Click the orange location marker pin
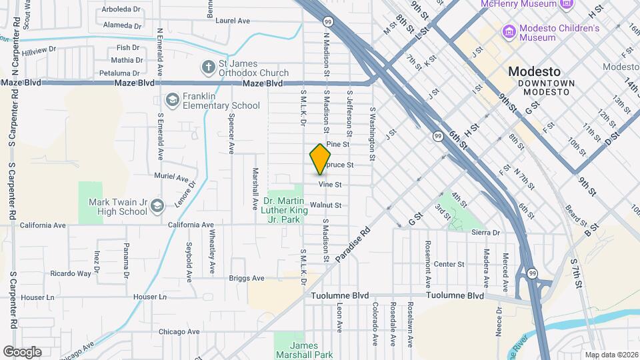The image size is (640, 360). pos(320,159)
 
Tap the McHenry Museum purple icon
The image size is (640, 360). pos(567,4)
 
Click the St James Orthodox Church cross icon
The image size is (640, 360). pos(208,67)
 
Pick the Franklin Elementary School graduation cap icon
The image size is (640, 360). pos(173,100)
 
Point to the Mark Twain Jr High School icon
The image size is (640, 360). pos(157,206)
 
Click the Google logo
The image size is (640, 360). pos(22,351)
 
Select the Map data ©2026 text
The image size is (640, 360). pos(611,355)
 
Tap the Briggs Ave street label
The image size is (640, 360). pos(247,278)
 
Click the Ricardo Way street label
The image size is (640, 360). pos(71,273)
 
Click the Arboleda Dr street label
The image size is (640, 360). pos(121,10)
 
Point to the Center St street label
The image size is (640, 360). pos(449,264)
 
